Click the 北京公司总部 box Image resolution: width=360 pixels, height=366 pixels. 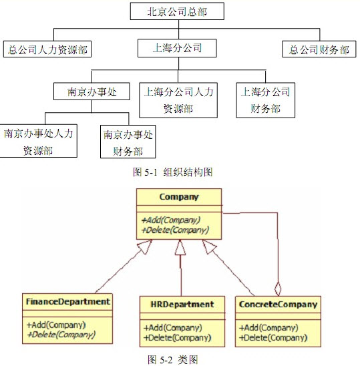pyautogui.click(x=177, y=11)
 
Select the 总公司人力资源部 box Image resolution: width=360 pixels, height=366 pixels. pyautogui.click(x=47, y=49)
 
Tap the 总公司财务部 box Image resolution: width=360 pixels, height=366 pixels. pyautogui.click(x=319, y=49)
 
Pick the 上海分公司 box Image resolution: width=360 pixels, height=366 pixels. pyautogui.click(x=177, y=48)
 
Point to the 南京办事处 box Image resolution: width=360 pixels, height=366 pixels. pyautogui.click(x=92, y=91)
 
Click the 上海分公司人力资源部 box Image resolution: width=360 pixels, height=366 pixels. pyautogui.click(x=178, y=100)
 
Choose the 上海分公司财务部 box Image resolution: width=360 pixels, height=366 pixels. pyautogui.click(x=265, y=100)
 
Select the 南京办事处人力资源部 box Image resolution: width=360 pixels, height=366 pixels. pyautogui.click(x=38, y=141)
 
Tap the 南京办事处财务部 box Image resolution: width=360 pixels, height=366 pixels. pyautogui.click(x=128, y=142)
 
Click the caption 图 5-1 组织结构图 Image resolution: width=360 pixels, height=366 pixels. pyautogui.click(x=173, y=172)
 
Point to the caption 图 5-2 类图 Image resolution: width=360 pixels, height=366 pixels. pyautogui.click(x=173, y=360)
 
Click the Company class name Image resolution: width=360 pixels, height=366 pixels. pyautogui.click(x=179, y=197)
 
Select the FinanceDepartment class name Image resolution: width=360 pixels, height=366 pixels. pyautogui.click(x=67, y=302)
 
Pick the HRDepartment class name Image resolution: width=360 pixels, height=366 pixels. pyautogui.click(x=182, y=305)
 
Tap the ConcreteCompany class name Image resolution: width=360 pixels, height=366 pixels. pyautogui.click(x=278, y=305)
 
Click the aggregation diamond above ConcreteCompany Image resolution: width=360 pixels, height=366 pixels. pyautogui.click(x=278, y=289)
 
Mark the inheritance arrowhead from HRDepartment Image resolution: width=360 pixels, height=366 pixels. pyautogui.click(x=180, y=247)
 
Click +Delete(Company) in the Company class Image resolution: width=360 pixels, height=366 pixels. pyautogui.click(x=175, y=230)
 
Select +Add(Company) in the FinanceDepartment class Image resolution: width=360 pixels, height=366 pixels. pyautogui.click(x=56, y=325)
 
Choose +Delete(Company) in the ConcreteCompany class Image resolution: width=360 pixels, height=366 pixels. pyautogui.click(x=273, y=337)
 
